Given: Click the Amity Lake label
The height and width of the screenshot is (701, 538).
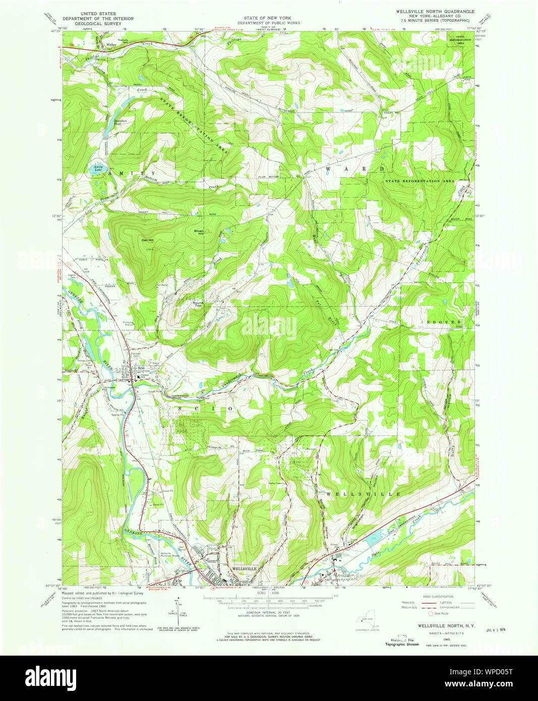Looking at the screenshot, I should (98, 169).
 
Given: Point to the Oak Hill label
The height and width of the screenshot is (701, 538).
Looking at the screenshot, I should (147, 241).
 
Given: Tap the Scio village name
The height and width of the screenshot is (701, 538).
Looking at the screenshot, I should (141, 368).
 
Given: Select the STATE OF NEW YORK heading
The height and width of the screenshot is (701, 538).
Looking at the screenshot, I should (269, 18).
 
